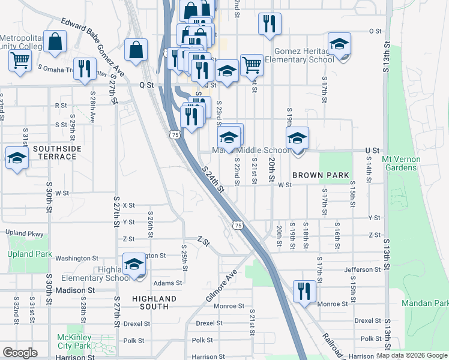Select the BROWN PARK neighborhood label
point(321,175)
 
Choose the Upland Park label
point(30,254)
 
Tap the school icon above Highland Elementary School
point(134,264)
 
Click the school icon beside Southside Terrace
point(17,158)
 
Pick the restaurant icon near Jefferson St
point(304,291)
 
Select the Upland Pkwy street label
point(25,233)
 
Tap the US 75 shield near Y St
point(239,225)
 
